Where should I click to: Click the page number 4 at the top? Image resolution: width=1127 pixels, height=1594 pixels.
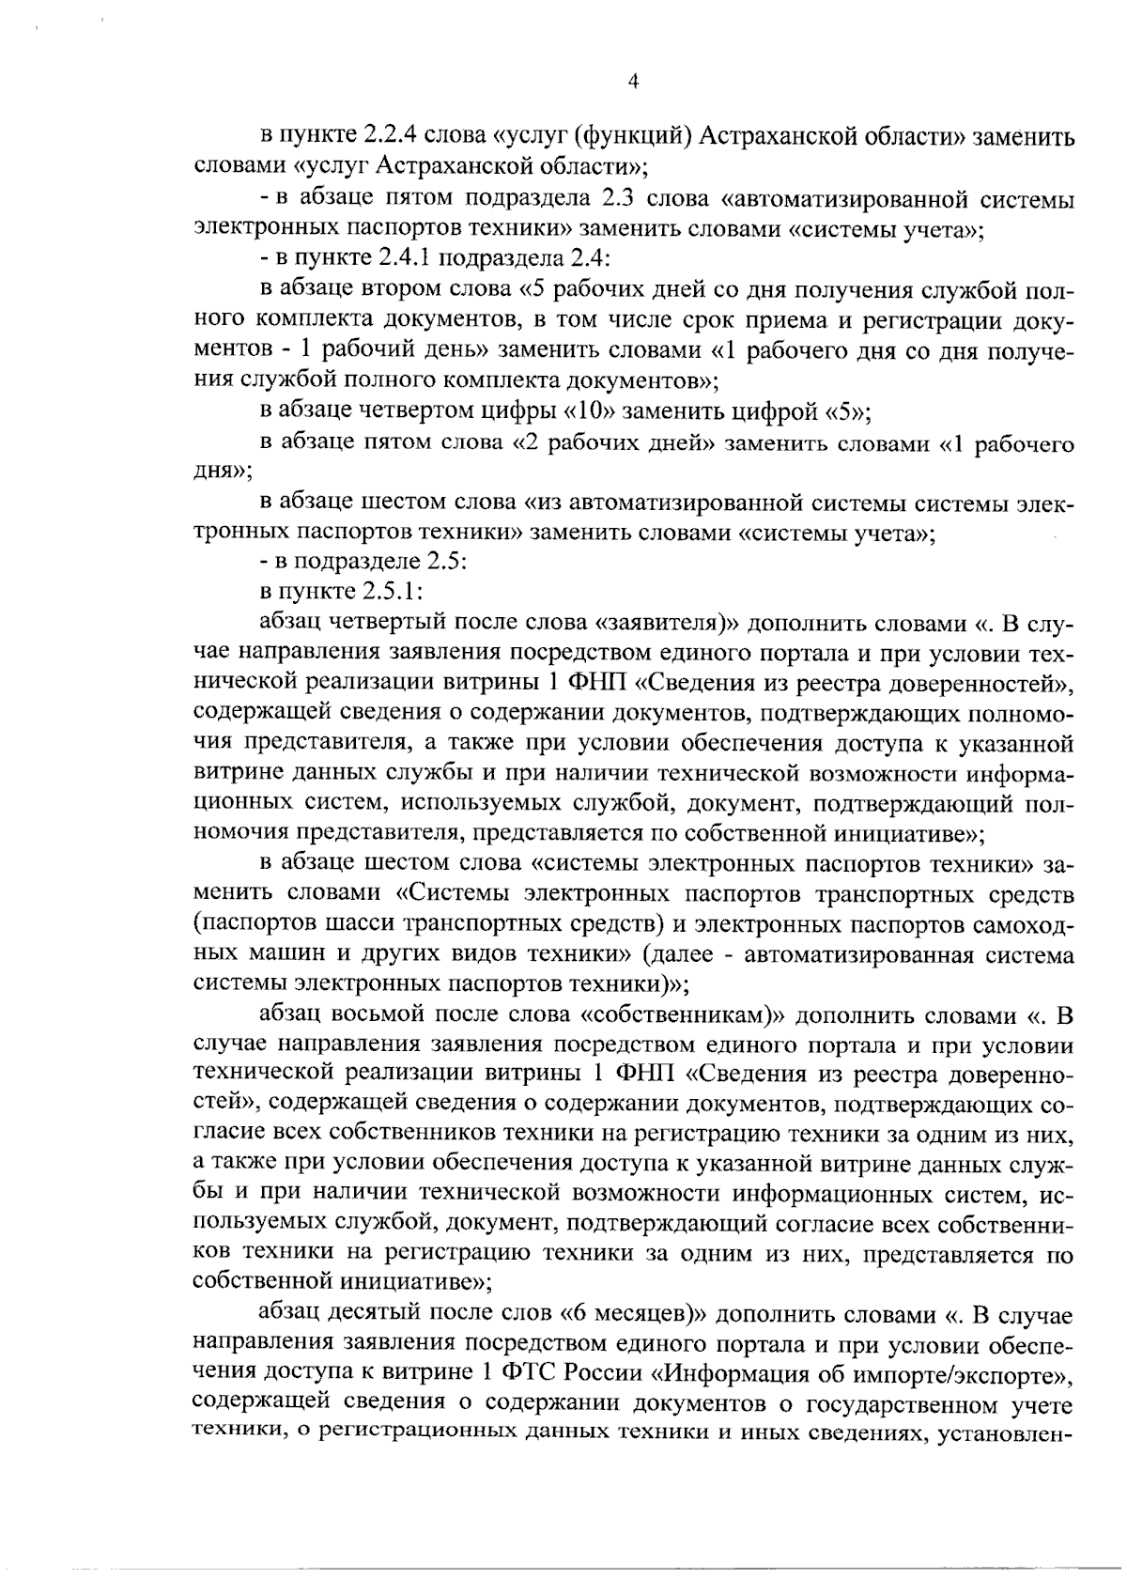[632, 83]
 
